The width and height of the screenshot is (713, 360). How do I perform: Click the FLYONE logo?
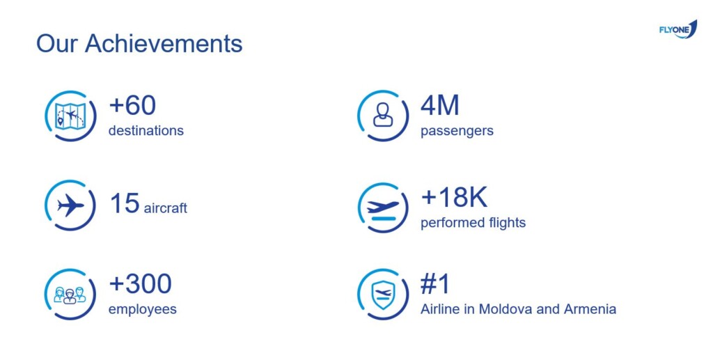(678, 29)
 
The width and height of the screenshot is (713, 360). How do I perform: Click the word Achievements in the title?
(164, 44)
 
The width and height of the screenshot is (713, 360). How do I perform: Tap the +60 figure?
(132, 105)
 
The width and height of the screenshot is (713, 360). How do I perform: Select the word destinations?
(146, 130)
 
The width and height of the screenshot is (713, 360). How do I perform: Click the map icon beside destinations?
(70, 116)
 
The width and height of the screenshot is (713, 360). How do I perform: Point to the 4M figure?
(440, 105)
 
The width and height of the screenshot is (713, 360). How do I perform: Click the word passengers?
(457, 132)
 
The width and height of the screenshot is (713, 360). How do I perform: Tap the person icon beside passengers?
(383, 114)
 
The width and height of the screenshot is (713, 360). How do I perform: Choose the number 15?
(124, 203)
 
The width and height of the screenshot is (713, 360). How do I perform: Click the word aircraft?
(166, 208)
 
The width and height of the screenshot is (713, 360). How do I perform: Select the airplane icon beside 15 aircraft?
(70, 205)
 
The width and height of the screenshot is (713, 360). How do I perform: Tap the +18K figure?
(454, 197)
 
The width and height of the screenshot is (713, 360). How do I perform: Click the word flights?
(505, 223)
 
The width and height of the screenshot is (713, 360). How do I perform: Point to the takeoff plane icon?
(383, 210)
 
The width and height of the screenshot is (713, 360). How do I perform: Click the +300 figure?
(140, 283)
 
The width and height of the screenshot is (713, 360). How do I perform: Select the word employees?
(142, 310)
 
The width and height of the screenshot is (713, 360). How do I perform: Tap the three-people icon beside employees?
(70, 295)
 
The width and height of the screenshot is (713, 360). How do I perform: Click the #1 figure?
(435, 283)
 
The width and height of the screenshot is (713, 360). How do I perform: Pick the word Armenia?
(590, 309)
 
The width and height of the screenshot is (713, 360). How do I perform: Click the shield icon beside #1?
(383, 295)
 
